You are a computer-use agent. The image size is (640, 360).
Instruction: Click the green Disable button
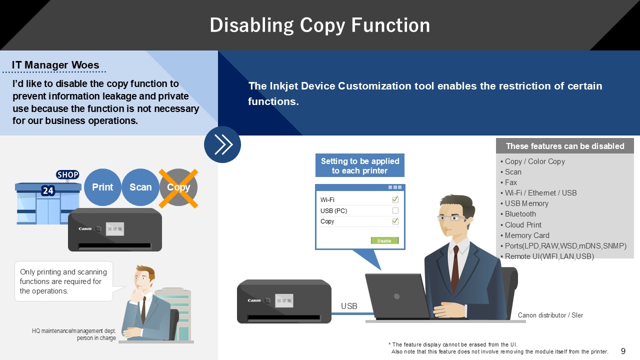384,240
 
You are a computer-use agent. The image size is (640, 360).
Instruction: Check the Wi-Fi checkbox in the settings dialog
395,199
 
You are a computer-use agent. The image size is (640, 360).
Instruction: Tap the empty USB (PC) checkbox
395,210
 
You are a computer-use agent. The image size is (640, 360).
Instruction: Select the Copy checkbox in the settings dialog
395,221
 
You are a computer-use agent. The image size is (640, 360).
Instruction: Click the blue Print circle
102,187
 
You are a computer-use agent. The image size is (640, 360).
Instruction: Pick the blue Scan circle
140,187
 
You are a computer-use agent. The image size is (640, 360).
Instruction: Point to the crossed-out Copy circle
178,187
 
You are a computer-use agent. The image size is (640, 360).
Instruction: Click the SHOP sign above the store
67,174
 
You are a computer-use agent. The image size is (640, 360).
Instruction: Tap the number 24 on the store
47,190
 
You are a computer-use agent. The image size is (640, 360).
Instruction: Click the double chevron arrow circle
222,144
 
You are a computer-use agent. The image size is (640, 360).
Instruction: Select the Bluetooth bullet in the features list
518,214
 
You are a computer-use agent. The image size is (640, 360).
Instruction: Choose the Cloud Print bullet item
521,225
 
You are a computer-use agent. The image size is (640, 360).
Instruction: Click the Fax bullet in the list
508,182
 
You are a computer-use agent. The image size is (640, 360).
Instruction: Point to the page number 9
623,351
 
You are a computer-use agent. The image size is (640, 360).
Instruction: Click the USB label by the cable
349,306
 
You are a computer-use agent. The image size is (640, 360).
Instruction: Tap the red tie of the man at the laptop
455,269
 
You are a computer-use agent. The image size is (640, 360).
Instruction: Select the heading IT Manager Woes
55,65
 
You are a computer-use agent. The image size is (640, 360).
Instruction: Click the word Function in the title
390,25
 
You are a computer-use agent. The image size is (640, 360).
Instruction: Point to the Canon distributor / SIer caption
550,315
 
